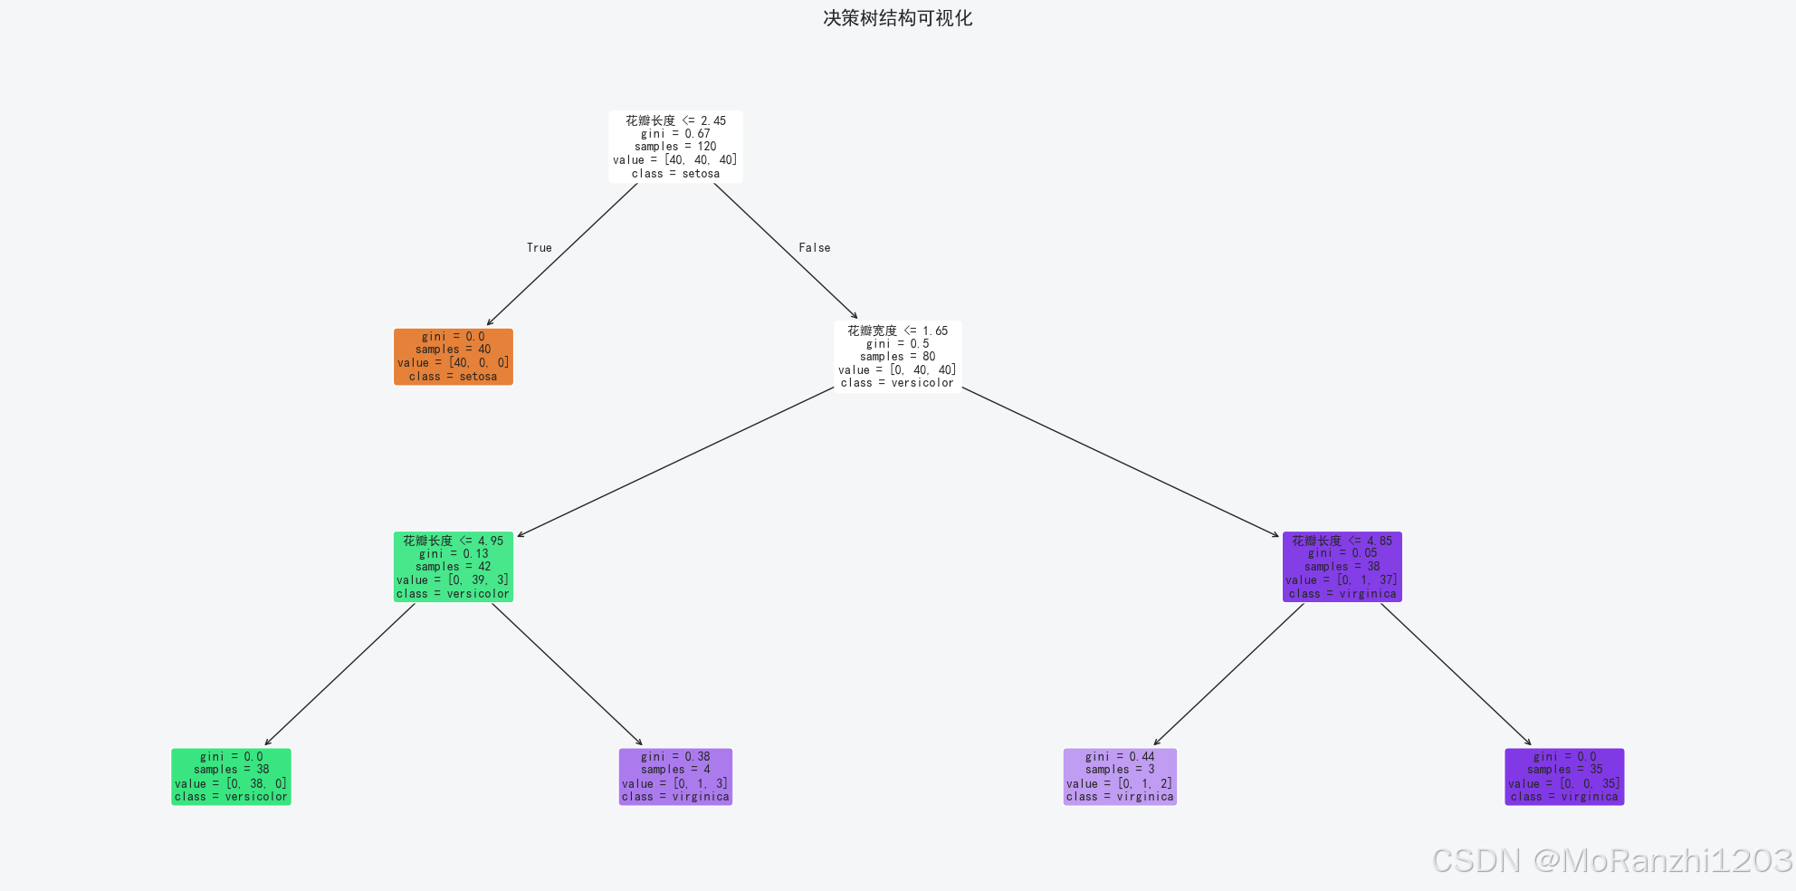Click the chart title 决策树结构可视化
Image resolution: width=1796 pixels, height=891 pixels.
[897, 18]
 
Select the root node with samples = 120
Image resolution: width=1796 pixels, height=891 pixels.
[675, 147]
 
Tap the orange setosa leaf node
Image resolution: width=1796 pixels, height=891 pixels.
[453, 357]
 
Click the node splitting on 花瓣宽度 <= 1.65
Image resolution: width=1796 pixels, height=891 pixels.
[897, 357]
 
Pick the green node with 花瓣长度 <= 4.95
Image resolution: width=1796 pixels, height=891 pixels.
[453, 567]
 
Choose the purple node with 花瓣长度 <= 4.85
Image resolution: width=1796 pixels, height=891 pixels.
[1342, 567]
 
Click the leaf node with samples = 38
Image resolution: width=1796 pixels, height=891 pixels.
[231, 777]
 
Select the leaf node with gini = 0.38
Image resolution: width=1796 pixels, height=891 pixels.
[675, 777]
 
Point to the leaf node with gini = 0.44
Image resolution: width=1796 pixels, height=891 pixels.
[1120, 777]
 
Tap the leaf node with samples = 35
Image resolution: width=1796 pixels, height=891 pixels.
[1564, 777]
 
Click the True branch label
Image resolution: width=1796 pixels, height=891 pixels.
[540, 248]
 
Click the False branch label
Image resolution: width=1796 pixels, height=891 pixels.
[815, 248]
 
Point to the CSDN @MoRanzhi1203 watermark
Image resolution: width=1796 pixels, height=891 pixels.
[1611, 860]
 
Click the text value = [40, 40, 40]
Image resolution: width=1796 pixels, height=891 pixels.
[675, 160]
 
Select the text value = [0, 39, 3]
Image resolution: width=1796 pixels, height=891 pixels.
[453, 580]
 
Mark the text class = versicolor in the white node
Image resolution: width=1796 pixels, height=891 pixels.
[897, 383]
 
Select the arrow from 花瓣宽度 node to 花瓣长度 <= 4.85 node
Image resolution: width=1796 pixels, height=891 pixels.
[1120, 462]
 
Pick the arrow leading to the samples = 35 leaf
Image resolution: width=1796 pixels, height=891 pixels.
[1456, 674]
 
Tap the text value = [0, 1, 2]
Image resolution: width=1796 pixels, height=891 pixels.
[1120, 784]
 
